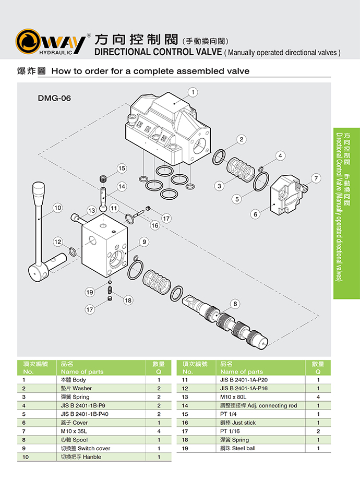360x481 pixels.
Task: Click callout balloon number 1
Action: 194,92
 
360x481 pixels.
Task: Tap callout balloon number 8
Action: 235,304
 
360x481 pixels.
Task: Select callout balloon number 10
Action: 57,208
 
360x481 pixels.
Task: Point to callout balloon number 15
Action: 122,168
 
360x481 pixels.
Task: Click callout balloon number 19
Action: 90,292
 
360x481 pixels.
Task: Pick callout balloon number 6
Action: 256,214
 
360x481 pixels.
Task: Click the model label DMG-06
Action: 54,98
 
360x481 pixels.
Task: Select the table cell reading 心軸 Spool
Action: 73,440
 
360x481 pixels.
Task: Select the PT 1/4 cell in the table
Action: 229,414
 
